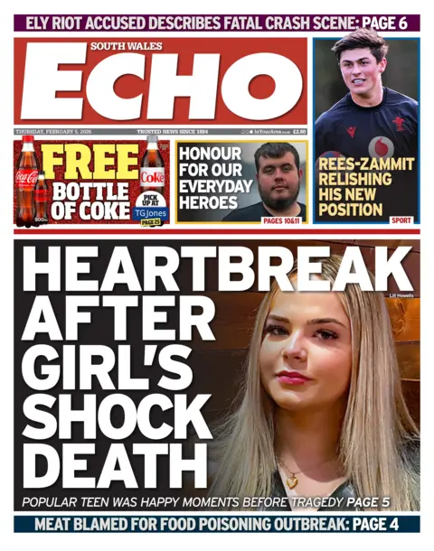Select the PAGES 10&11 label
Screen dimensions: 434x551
(283, 219)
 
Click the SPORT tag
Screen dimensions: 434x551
(401, 219)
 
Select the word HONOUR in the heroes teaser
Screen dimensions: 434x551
(211, 154)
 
